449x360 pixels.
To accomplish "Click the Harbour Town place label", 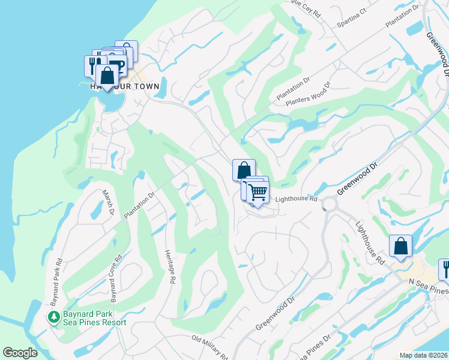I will (x=125, y=86).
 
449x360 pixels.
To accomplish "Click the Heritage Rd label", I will (x=169, y=267).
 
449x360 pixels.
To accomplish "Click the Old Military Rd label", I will (x=209, y=347).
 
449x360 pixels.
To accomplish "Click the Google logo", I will (x=20, y=353).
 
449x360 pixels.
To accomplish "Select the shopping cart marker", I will (x=258, y=193).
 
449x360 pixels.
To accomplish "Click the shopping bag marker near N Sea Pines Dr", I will (x=400, y=246).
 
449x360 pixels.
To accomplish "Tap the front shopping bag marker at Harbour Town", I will (x=107, y=76).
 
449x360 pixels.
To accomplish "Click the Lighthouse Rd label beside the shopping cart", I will (x=296, y=199).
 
